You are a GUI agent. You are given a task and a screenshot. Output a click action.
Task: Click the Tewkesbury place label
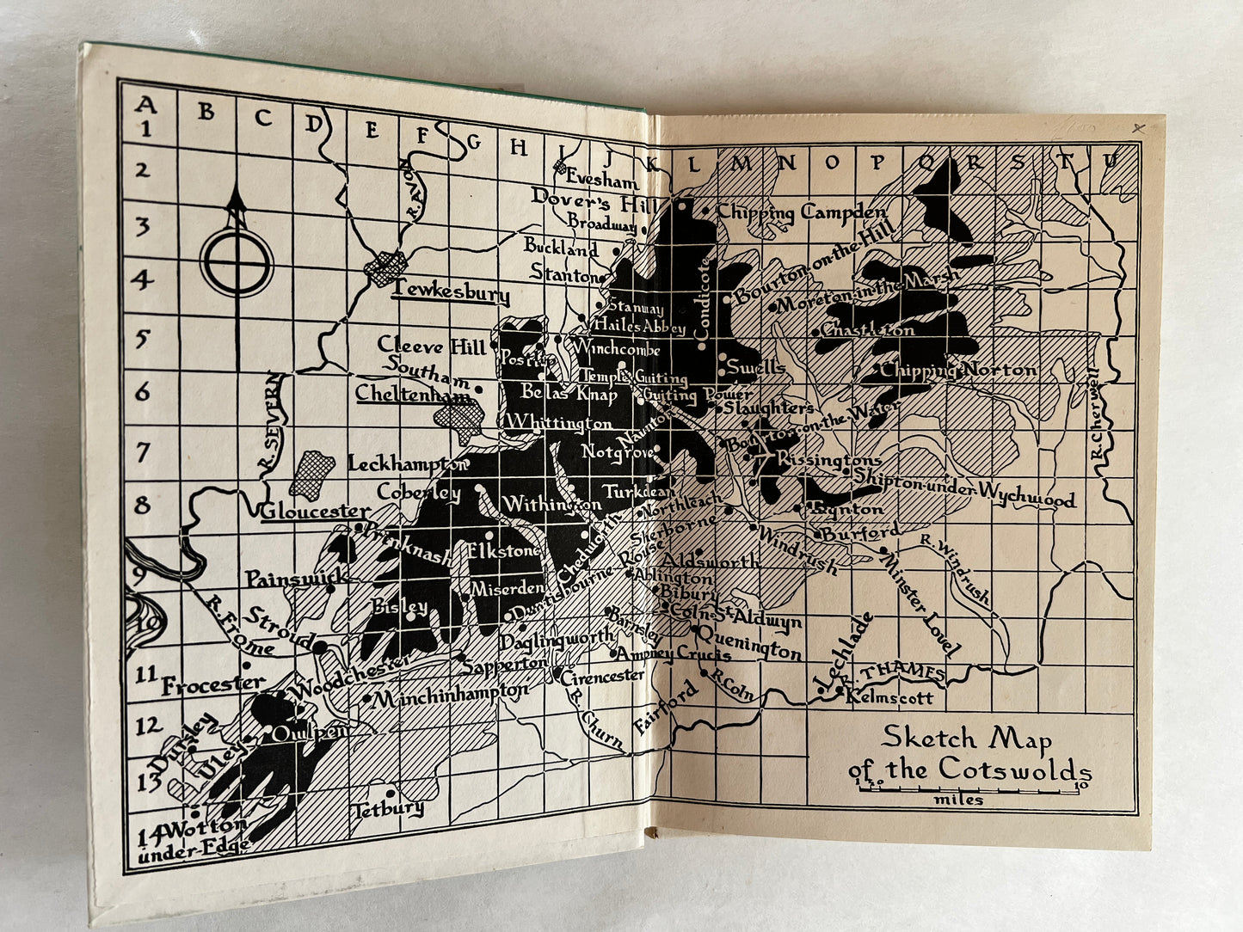coord(449,294)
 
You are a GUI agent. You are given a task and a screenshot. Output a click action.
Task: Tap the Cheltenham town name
coord(413,395)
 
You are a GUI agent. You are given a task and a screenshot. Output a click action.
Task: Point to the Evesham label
coord(602,181)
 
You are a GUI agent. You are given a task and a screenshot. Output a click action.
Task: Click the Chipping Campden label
coord(801,212)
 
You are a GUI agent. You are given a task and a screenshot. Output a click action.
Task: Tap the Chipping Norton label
coord(957,371)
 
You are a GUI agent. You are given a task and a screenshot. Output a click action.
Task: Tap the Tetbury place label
coord(389,809)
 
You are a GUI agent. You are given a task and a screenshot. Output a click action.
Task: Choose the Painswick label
coord(296,579)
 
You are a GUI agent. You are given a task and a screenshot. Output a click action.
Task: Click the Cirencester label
coord(602,676)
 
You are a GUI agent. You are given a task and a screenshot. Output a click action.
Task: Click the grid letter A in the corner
coord(146,105)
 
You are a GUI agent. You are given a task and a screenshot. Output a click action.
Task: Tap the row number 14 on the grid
coord(148,832)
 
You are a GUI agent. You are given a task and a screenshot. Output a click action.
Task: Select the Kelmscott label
coord(889,697)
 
